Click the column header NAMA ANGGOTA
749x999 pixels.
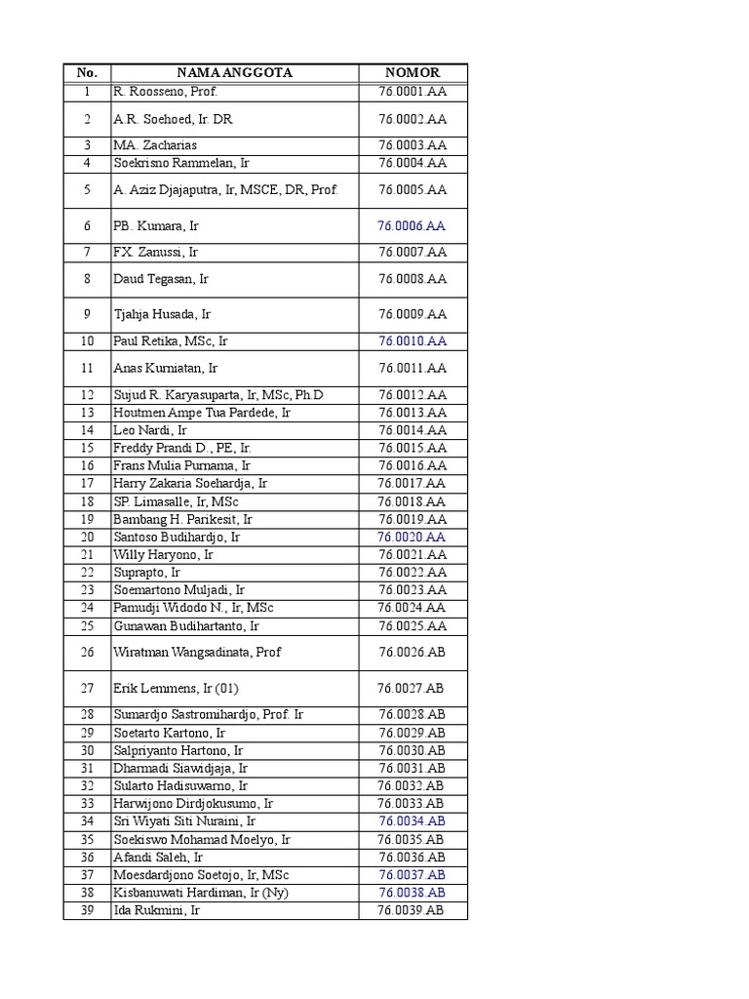click(x=234, y=72)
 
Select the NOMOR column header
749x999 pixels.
click(x=413, y=72)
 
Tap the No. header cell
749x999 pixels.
click(x=87, y=72)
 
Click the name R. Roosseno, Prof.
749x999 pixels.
click(x=165, y=92)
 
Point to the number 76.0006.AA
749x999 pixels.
click(x=412, y=225)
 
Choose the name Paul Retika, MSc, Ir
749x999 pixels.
click(x=171, y=341)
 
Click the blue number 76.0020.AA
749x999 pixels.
click(x=412, y=537)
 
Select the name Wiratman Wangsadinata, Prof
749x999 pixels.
click(x=198, y=652)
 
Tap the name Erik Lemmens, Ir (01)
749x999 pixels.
click(x=176, y=688)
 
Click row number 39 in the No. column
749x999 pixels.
click(x=87, y=910)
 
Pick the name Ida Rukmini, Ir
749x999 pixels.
click(x=156, y=910)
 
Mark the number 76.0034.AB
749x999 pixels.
click(x=412, y=821)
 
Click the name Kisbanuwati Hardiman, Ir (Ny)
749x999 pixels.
click(x=201, y=893)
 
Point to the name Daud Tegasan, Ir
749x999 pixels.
click(x=161, y=279)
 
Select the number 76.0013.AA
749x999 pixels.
click(x=413, y=413)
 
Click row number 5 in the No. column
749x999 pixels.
click(x=87, y=190)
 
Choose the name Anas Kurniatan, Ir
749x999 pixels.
click(x=166, y=368)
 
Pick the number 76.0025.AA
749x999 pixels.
click(x=413, y=625)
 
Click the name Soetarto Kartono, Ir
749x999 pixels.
click(x=170, y=733)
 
